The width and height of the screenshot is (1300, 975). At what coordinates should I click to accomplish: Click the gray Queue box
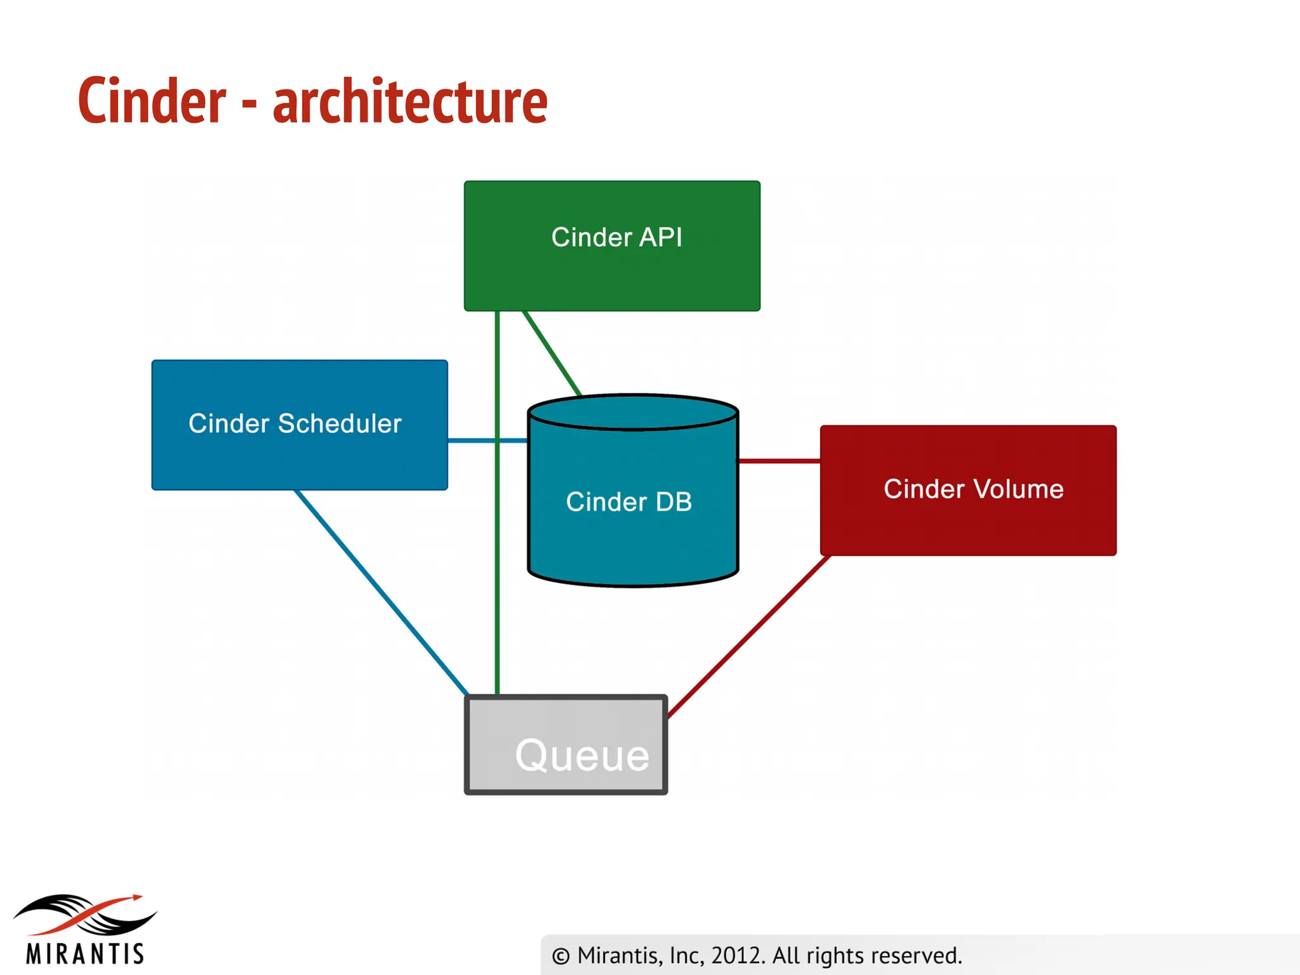coord(566,744)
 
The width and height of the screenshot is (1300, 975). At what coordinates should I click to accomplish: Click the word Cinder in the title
coord(152,102)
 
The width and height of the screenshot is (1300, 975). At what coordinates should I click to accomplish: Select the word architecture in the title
coord(410,102)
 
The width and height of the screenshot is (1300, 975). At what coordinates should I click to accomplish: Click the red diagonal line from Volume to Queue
coord(749,637)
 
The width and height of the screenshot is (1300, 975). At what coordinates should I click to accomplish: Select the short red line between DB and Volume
coord(779,461)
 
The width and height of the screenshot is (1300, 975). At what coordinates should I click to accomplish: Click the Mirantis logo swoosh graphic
coord(86,914)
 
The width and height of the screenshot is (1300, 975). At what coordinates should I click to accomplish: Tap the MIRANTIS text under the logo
coord(86,953)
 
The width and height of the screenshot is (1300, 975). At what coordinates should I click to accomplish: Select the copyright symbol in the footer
coord(560,956)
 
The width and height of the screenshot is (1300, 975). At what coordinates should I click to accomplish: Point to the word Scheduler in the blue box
coord(340,423)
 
